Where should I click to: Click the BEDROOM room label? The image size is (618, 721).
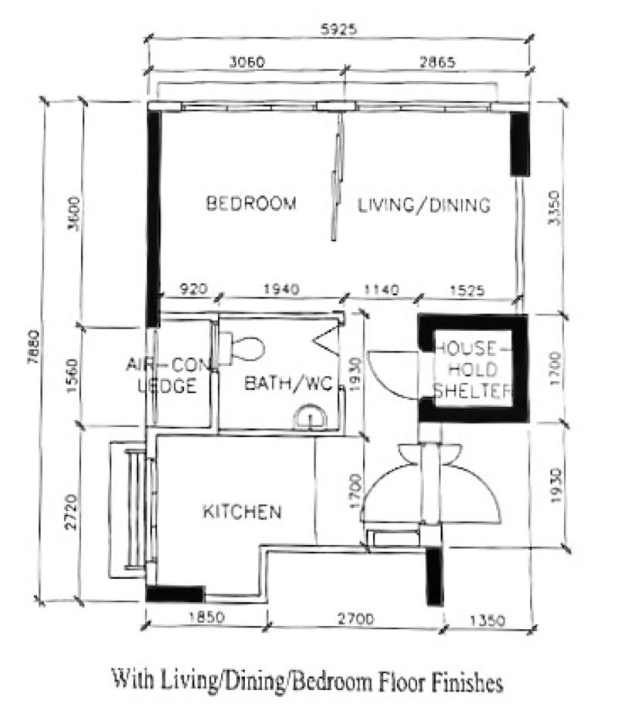pos(251,205)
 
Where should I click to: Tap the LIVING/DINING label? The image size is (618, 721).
pos(424,205)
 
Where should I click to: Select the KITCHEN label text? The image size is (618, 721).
pos(241,512)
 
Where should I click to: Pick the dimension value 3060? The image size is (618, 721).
pos(247,63)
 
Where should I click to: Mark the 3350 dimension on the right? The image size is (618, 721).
pos(552,208)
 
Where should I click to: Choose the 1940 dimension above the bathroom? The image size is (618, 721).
pos(280,290)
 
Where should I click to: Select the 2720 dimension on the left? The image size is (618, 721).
pos(70,511)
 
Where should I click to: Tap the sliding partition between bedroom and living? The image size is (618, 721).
pos(336,178)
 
